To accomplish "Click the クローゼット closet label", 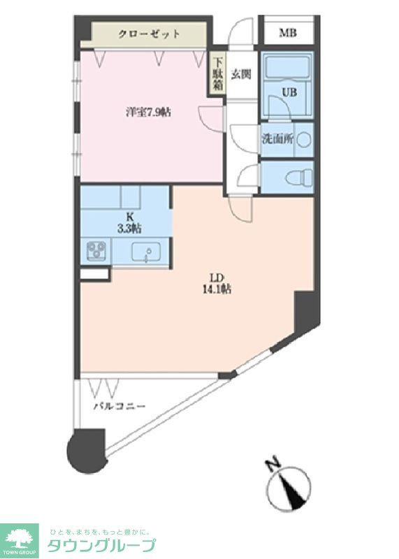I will pos(149,34).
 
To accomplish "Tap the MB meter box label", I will pos(287,32).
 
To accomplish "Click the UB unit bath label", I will pos(288,92).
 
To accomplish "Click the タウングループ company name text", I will pos(102,545).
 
